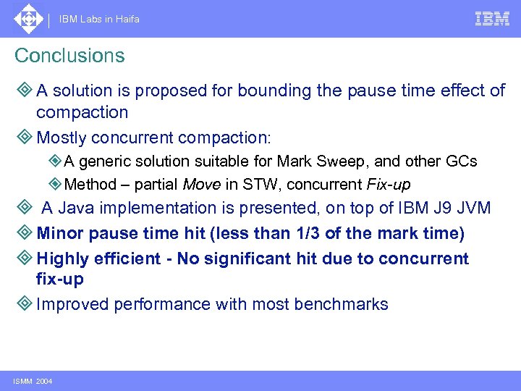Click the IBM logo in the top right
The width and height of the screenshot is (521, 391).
tap(492, 20)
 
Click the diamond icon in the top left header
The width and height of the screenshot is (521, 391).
tap(28, 19)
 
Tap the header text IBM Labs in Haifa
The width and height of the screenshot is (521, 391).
tap(99, 20)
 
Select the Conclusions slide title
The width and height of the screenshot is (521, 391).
tap(69, 56)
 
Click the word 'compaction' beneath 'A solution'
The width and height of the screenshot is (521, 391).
tap(82, 112)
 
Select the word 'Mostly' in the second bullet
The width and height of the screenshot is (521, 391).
tap(62, 137)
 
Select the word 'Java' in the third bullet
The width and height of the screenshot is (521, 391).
tap(78, 209)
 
